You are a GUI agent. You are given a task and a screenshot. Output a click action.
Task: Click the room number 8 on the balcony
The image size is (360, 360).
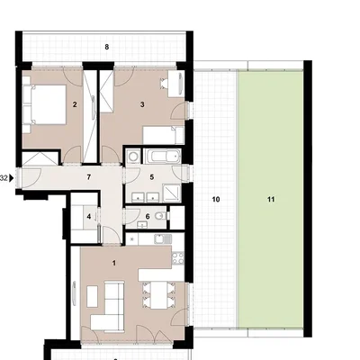coord(107,47)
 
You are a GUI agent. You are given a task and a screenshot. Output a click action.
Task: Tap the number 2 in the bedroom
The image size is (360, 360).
coord(75,104)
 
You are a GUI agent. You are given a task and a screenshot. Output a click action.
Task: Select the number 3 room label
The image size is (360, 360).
coord(142,104)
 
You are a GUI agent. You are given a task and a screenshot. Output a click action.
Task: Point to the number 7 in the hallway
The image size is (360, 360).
coord(88,177)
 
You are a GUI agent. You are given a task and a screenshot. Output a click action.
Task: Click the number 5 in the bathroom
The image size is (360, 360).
coord(152,177)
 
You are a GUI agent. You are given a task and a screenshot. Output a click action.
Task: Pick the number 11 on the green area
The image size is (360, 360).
coord(271,200)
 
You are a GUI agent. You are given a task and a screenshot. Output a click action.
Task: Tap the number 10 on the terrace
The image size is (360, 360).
coord(216,200)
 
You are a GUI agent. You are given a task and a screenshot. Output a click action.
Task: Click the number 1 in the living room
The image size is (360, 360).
coord(114,263)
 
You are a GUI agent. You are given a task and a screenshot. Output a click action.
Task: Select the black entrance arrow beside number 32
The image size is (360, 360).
coord(12,178)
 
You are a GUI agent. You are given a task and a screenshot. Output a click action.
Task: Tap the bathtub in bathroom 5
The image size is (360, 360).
coord(162,157)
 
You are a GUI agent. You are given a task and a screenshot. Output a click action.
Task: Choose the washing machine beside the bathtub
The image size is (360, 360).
coord(132,157)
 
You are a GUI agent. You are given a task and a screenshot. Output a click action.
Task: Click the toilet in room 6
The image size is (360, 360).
coord(161,215)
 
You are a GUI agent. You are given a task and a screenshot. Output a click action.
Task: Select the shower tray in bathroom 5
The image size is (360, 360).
coord(172,193)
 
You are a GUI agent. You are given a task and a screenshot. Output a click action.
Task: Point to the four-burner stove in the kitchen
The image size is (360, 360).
coord(177,258)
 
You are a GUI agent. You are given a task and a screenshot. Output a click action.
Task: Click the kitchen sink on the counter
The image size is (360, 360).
coord(163,239)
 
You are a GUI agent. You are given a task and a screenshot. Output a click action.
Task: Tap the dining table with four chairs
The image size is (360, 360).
coord(158,295)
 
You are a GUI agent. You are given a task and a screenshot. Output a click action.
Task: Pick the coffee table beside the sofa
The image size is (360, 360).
coord(93,296)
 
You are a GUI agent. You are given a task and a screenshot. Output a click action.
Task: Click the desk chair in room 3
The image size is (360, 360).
coord(165,83)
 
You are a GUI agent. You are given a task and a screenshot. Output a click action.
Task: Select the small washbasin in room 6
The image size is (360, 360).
coord(142,224)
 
